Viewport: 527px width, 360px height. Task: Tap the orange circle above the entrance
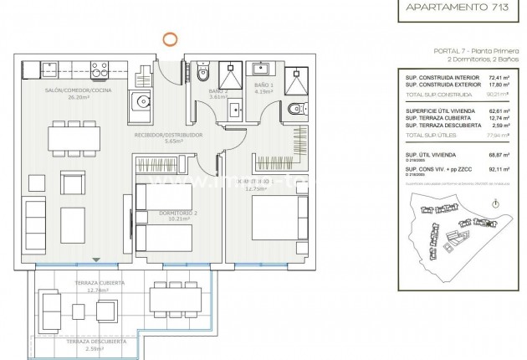tap(169, 37)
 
